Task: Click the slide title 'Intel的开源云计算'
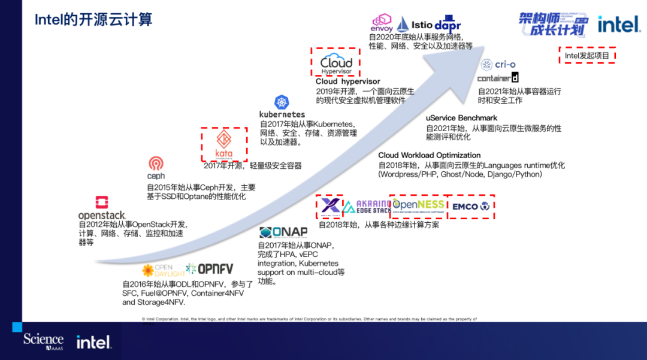click(x=93, y=19)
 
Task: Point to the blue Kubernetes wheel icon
click(x=282, y=102)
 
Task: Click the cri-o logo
click(x=498, y=65)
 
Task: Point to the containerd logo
click(x=498, y=78)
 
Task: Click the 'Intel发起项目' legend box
click(x=586, y=56)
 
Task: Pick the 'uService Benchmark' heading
click(x=461, y=118)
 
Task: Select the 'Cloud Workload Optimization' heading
click(x=430, y=155)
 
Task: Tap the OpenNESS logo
click(x=418, y=206)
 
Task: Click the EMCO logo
click(x=471, y=207)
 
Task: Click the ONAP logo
click(x=283, y=232)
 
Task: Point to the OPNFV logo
click(x=209, y=269)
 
